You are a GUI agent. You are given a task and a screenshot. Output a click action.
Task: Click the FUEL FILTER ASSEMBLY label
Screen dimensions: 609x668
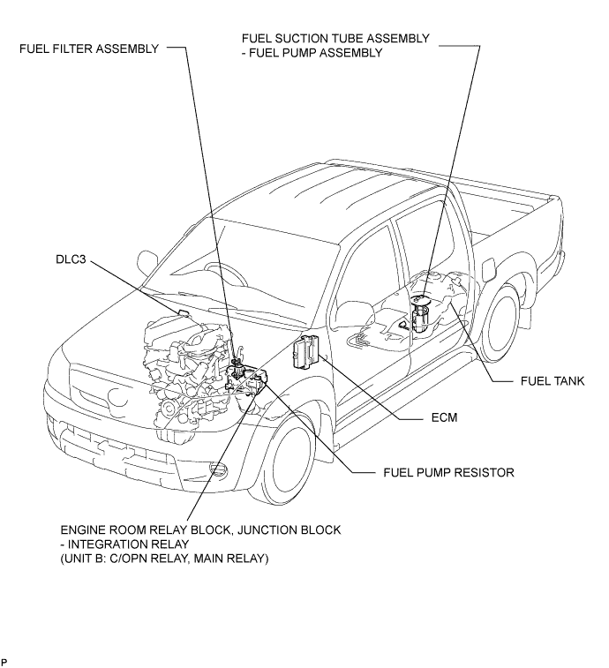(89, 49)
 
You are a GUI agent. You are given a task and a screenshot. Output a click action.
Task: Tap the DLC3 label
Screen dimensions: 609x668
(71, 259)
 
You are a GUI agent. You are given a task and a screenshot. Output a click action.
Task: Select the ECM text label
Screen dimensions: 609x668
(444, 417)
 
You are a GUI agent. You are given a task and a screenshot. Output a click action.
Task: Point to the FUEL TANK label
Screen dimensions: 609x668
(553, 381)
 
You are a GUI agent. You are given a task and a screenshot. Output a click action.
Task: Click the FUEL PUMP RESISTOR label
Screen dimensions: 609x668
(448, 472)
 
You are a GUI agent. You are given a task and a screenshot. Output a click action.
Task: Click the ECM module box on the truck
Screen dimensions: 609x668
(305, 350)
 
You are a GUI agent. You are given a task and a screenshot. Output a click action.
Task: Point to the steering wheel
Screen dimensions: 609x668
(227, 274)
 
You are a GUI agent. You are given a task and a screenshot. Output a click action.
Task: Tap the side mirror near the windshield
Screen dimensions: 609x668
(147, 261)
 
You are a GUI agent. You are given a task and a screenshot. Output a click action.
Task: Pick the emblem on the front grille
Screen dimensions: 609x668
(118, 397)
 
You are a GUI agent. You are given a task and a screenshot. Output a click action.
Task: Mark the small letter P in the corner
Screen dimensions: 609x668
(4, 662)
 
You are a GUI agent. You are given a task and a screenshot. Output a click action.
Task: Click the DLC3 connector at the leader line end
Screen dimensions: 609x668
(184, 314)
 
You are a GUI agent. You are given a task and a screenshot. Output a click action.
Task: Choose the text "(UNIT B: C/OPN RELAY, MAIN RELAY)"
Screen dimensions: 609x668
(164, 559)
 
